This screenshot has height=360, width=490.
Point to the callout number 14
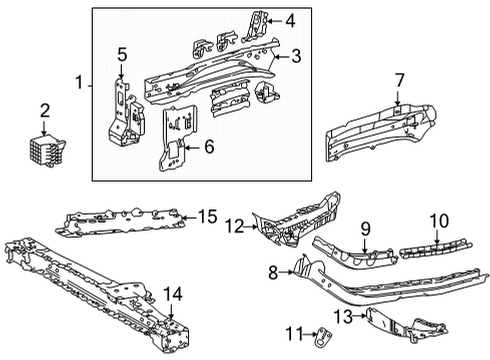point(174,293)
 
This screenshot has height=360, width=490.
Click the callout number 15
point(206,216)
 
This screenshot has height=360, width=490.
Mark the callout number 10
point(437,249)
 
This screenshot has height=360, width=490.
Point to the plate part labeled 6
point(178,140)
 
